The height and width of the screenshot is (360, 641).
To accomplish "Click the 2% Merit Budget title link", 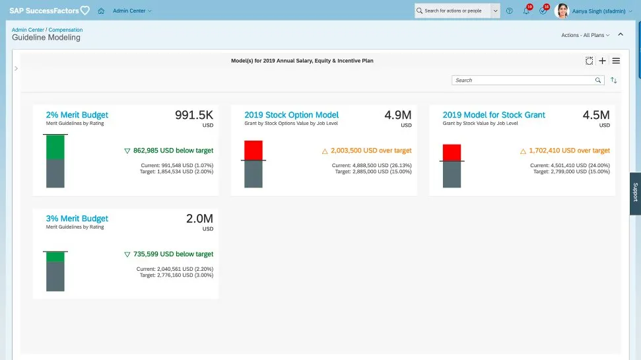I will coord(77,115).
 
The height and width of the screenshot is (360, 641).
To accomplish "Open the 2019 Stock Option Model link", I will coord(291,115).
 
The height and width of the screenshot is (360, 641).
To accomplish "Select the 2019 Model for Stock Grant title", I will coord(494,115).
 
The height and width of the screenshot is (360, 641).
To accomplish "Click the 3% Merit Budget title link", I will coord(77,219).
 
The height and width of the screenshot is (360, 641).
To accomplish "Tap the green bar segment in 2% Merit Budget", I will coord(55,147).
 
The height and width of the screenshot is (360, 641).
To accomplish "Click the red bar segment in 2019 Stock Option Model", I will coord(253,150).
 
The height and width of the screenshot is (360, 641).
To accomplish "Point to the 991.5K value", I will coord(194,115).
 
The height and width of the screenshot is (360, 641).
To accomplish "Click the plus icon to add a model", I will coord(602,61).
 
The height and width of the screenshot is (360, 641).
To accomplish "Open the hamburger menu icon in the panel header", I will coord(616,61).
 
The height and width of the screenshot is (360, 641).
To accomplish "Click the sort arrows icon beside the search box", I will coord(614,80).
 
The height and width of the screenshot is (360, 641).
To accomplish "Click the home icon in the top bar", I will coord(101,11).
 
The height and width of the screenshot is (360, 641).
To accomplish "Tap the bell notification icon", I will coord(526,11).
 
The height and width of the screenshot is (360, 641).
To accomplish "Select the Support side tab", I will coord(635,192).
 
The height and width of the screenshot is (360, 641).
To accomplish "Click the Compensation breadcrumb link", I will coord(66,30).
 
